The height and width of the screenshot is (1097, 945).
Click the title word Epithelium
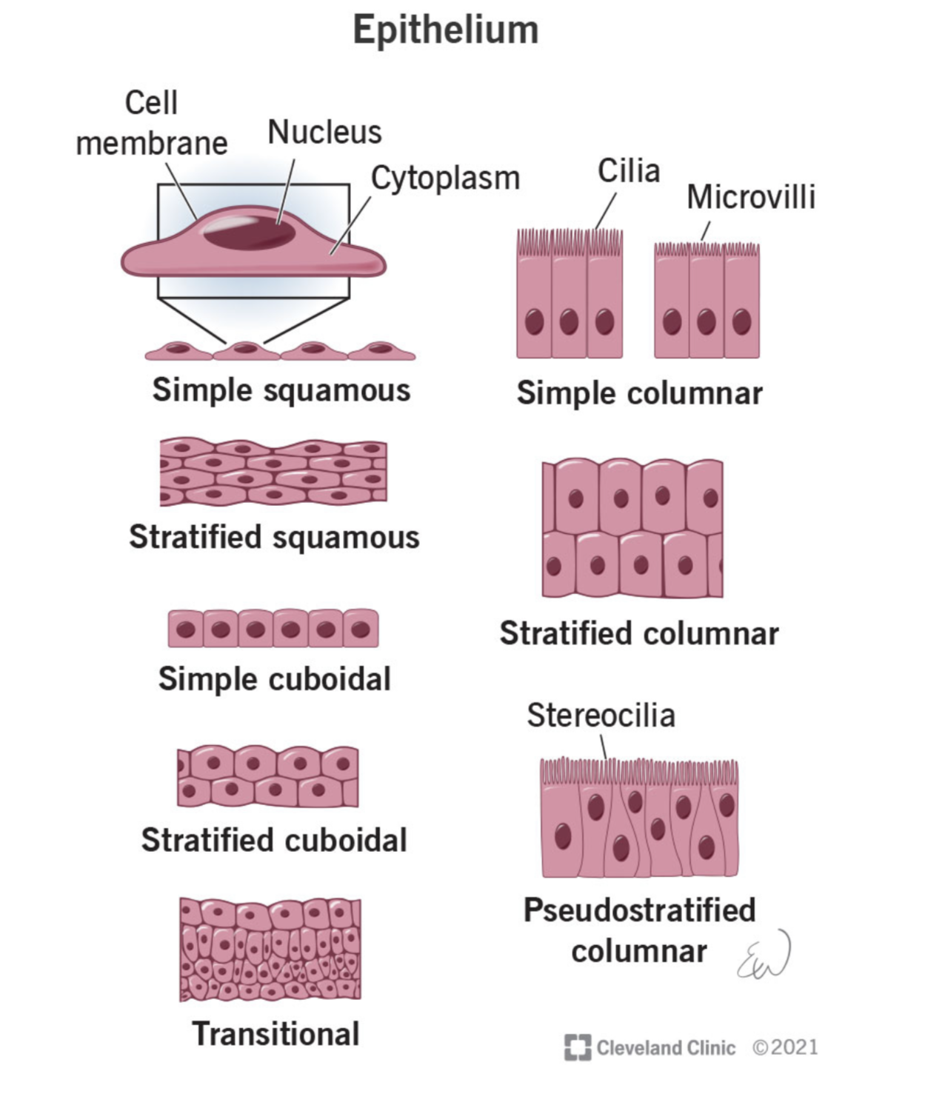[445, 30]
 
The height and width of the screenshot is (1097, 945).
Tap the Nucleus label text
[324, 133]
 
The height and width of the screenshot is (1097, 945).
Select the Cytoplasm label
[445, 179]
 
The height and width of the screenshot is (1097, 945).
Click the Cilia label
[629, 171]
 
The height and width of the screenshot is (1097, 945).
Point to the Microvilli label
[750, 197]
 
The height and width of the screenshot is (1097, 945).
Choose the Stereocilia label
[601, 716]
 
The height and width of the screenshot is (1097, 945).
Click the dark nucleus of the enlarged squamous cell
[249, 233]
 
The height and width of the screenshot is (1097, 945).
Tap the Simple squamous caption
[281, 390]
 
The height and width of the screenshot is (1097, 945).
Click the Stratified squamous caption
[274, 537]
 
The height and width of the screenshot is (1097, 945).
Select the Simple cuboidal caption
[274, 679]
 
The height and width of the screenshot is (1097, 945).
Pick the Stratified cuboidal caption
[274, 841]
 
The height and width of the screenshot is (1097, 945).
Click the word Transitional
[276, 1034]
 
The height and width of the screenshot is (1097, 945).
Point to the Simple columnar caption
[639, 393]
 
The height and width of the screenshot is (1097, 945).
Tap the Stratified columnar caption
[639, 634]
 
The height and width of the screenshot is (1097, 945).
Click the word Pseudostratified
[639, 910]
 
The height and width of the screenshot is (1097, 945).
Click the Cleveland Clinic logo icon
[577, 1047]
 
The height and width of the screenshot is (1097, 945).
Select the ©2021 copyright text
[785, 1047]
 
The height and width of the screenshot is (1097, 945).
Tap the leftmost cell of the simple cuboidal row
[186, 630]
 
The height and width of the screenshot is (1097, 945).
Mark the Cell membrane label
[152, 123]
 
